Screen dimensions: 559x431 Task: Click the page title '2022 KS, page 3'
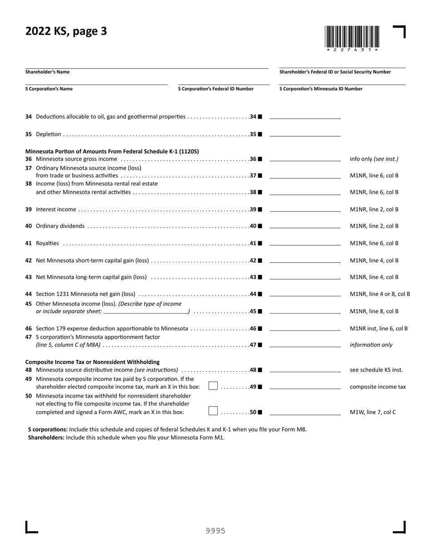click(66, 31)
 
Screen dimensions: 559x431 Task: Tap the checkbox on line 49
click(213, 386)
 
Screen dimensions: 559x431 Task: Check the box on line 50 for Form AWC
click(213, 411)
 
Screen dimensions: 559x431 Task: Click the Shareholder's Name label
click(47, 72)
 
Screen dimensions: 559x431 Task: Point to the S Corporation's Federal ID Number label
click(215, 89)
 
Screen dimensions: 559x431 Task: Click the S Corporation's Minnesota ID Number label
click(321, 89)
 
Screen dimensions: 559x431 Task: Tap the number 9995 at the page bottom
click(215, 530)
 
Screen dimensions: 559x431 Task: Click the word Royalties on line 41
click(47, 243)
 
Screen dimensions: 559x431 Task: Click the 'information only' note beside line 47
click(371, 345)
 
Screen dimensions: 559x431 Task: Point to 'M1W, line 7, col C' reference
click(373, 412)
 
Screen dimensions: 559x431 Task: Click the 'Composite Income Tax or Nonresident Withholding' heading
click(92, 362)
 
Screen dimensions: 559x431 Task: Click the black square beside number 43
click(260, 277)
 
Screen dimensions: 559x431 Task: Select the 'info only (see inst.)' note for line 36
click(374, 159)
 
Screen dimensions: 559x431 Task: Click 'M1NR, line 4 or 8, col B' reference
click(380, 294)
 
